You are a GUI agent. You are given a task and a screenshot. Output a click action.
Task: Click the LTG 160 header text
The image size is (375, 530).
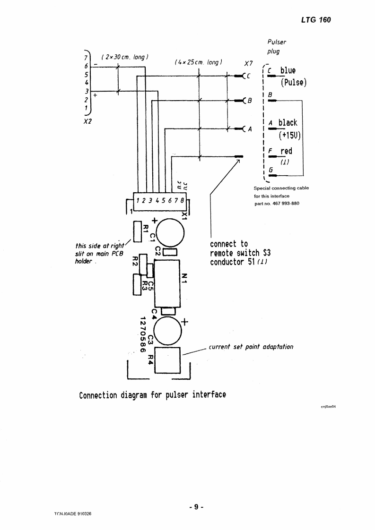[315, 20]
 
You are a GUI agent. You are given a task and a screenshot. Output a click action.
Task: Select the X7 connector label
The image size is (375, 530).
[248, 63]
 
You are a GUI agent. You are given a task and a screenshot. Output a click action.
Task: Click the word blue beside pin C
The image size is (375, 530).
[288, 71]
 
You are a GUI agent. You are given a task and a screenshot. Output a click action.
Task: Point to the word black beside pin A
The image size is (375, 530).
[288, 123]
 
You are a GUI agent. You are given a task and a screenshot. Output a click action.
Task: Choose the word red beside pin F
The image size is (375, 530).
[286, 151]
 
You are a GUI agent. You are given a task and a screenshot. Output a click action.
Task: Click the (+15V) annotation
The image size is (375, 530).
[290, 136]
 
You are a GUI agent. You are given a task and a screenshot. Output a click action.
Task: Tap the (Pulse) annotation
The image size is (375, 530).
[293, 83]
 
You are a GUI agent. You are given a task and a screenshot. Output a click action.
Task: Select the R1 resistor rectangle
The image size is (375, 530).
[138, 231]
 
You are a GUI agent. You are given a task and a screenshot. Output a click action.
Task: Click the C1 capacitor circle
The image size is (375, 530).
[171, 232]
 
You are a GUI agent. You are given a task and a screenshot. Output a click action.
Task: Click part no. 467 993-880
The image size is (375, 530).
[277, 204]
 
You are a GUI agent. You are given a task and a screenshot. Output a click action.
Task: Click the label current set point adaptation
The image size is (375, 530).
[251, 347]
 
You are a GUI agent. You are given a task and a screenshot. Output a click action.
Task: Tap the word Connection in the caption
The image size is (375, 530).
[97, 395]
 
